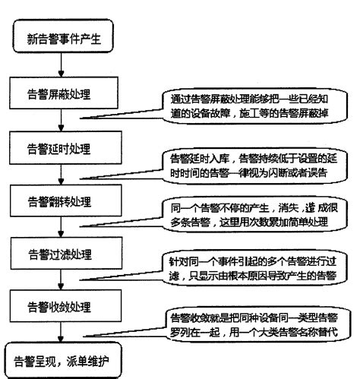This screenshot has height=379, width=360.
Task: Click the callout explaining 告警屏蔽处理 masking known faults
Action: coord(254,106)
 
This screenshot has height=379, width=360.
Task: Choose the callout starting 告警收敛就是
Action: coord(254,326)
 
